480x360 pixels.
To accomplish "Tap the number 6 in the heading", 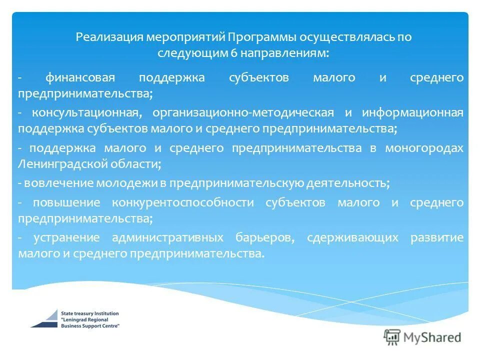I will [233, 52].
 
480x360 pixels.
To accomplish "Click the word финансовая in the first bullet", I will [80, 78].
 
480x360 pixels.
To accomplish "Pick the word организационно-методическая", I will [242, 112].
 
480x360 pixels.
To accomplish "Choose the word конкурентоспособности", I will [183, 203].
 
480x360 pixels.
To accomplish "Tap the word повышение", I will [66, 203].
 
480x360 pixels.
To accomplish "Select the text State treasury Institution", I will [90, 313].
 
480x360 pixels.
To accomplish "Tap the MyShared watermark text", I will [433, 337].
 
